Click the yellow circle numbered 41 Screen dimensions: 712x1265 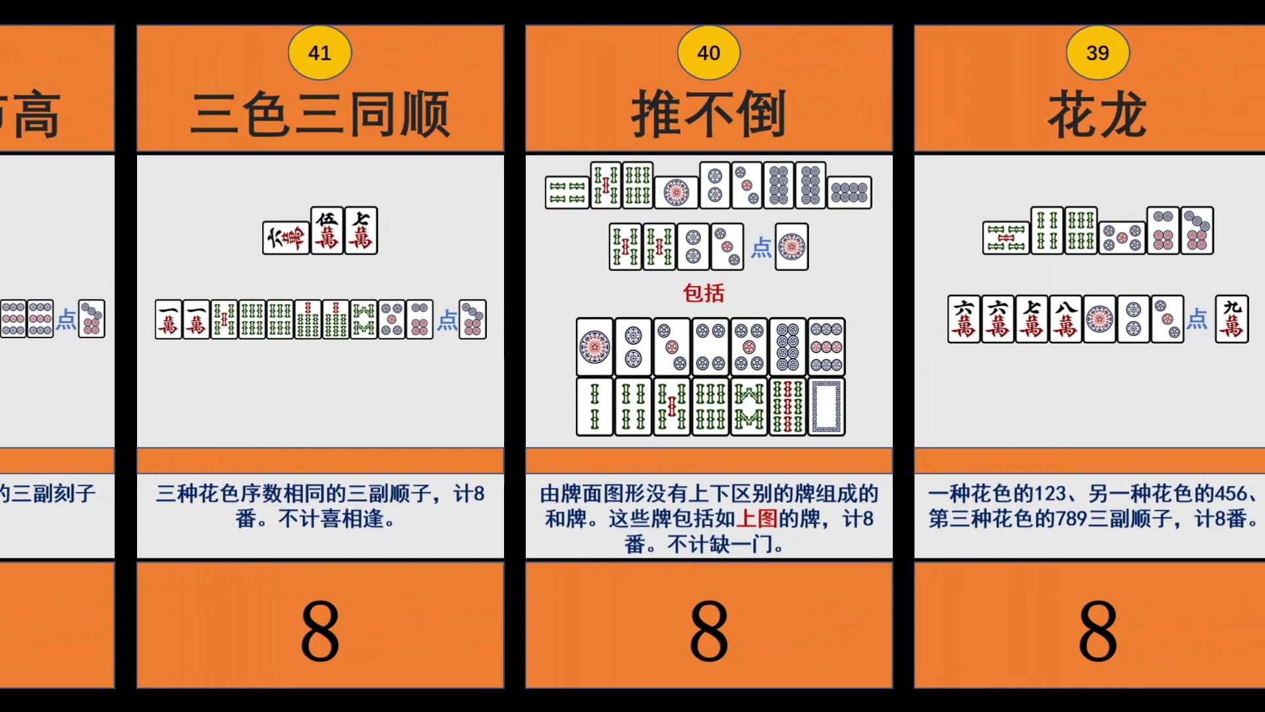coord(320,53)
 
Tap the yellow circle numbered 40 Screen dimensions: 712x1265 coord(708,53)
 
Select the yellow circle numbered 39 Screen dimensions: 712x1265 coord(1097,53)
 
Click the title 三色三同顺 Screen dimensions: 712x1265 coord(320,115)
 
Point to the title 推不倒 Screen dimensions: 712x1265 coord(708,115)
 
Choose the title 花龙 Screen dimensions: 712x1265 coord(1097,115)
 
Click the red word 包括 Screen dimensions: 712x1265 coord(704,293)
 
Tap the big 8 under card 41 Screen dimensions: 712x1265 coord(320,631)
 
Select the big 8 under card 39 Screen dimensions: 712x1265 coord(1097,631)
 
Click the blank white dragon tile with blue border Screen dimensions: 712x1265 coord(826,407)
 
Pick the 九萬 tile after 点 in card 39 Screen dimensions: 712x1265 coord(1231,319)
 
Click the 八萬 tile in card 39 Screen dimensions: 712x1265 coord(1065,319)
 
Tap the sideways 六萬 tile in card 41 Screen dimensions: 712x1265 coord(285,238)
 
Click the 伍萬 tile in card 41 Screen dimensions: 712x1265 coord(327,231)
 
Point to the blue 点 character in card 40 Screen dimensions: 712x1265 coord(761,248)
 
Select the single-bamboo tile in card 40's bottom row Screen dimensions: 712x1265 coord(594,407)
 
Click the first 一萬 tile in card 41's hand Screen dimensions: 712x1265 coord(168,320)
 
